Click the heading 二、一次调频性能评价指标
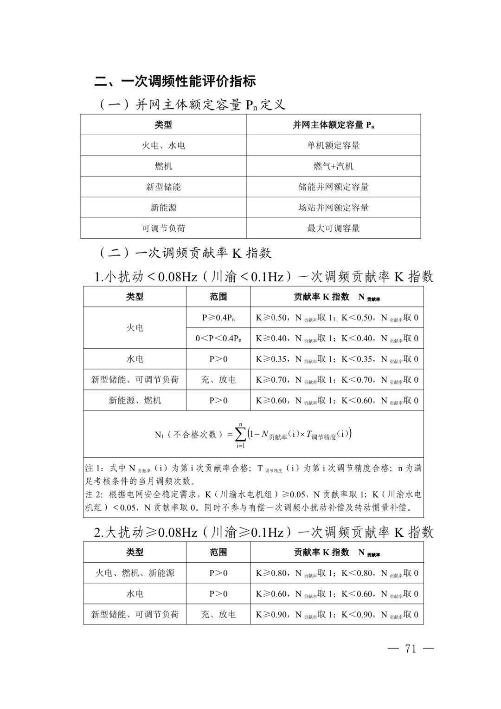[175, 81]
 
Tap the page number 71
[411, 649]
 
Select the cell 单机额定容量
[333, 145]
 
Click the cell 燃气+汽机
[333, 166]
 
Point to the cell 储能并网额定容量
[333, 187]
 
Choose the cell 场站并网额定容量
[333, 208]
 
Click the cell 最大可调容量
[333, 228]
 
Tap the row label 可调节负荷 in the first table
[163, 228]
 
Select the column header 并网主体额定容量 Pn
[333, 125]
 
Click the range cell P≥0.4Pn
[218, 318]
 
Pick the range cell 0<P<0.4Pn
[218, 338]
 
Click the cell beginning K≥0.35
[337, 359]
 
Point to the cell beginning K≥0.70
[337, 380]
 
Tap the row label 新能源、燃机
[135, 400]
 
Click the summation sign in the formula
[240, 435]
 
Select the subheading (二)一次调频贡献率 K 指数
[185, 253]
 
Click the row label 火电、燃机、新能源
[135, 573]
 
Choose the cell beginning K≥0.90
[337, 614]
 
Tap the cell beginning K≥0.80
[337, 573]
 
